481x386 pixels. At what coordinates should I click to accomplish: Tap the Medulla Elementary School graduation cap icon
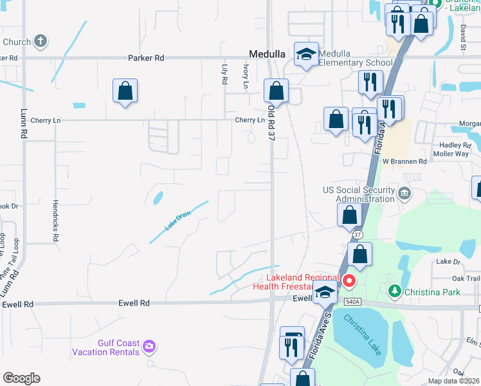306,55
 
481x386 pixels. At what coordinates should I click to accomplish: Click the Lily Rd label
224,75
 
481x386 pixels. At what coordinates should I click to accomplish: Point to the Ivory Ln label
246,76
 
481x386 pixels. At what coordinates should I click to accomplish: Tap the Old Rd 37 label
271,122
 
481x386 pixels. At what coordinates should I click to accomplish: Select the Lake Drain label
178,222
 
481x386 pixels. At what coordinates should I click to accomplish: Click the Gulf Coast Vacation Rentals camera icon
150,347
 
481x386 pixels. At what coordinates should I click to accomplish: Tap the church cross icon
41,42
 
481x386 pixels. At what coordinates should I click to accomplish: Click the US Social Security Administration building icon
404,193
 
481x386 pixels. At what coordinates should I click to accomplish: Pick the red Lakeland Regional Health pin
349,280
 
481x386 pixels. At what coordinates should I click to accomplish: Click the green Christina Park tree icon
395,291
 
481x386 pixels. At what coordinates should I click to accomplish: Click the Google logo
21,378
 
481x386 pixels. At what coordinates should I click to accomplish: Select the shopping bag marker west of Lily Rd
125,91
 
